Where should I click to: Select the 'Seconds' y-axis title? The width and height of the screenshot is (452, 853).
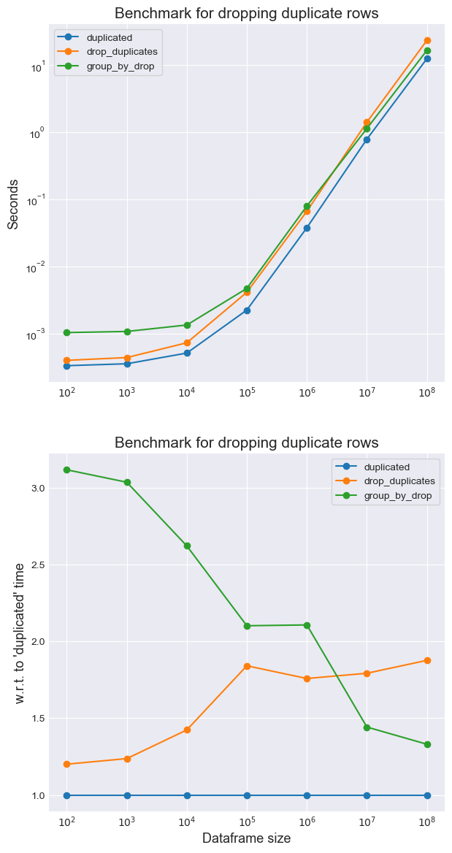tap(13, 204)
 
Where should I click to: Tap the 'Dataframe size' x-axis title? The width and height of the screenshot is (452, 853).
tap(246, 838)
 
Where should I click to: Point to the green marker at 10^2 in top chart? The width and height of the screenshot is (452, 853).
tap(67, 333)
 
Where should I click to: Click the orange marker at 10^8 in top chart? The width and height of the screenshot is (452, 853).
tap(427, 40)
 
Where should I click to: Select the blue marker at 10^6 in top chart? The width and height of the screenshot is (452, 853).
tap(307, 228)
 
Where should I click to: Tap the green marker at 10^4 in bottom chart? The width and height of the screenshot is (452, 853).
tap(187, 546)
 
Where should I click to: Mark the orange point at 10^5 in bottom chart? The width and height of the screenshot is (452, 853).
tap(247, 666)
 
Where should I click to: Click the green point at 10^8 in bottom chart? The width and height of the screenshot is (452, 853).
tap(427, 744)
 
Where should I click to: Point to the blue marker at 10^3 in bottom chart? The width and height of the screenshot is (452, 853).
tap(127, 795)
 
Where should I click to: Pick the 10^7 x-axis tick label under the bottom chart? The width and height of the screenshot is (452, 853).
tap(367, 823)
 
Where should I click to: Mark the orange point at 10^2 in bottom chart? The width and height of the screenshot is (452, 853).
tap(67, 764)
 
